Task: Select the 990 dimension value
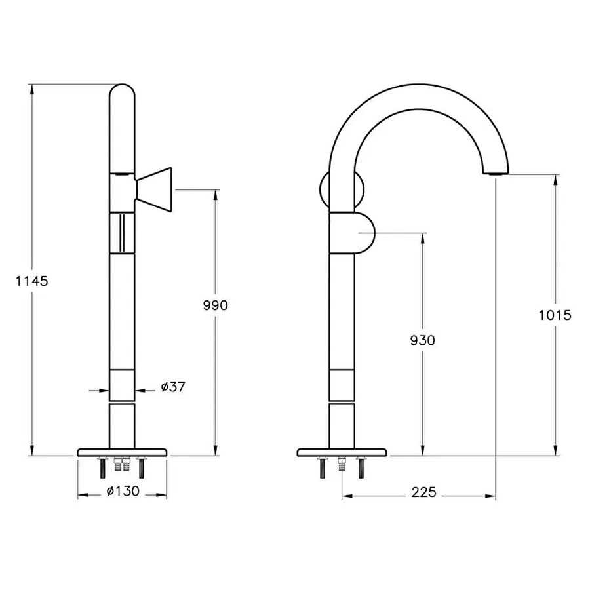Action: pos(214,305)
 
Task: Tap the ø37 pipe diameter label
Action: pos(173,387)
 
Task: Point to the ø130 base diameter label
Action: pos(123,491)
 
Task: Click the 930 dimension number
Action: pos(422,340)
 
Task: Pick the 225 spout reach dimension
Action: pos(424,492)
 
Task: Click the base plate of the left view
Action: pos(123,452)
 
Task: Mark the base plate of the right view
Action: pos(342,452)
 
